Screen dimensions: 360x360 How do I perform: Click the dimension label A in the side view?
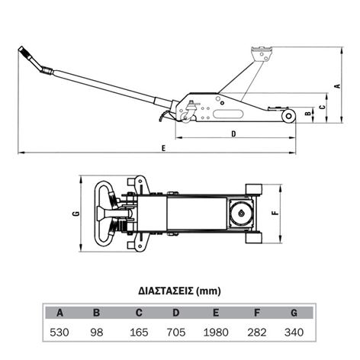click(338, 85)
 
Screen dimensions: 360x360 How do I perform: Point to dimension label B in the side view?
click(308, 113)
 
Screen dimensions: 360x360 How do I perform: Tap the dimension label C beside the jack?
click(323, 107)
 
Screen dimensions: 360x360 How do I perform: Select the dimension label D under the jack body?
click(233, 133)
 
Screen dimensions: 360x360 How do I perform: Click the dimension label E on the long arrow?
click(164, 148)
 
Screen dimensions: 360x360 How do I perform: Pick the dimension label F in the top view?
click(275, 213)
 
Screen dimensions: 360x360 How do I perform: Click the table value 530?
click(59, 333)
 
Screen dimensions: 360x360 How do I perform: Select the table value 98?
click(97, 333)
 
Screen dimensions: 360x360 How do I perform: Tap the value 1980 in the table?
click(216, 333)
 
